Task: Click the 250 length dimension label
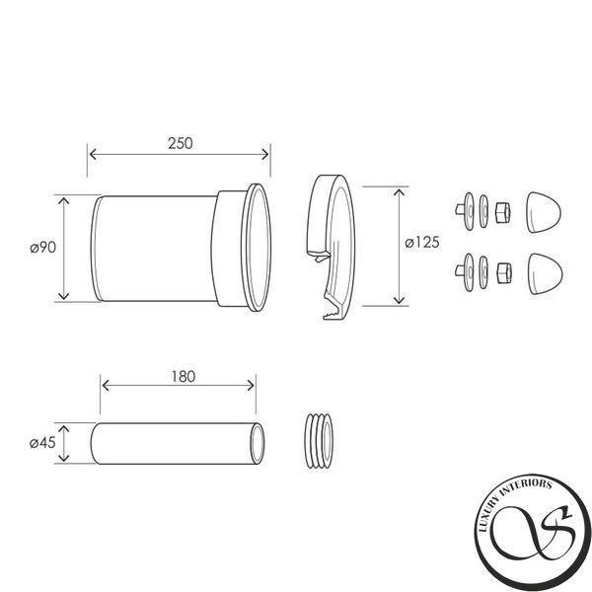[181, 143]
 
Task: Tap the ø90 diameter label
[43, 248]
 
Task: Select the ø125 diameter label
[422, 242]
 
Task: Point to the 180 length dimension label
[184, 377]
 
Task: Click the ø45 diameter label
[42, 442]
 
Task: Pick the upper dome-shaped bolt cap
[544, 212]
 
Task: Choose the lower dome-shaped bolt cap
[546, 273]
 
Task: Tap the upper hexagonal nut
[503, 212]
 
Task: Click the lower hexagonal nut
[504, 273]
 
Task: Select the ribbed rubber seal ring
[320, 441]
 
